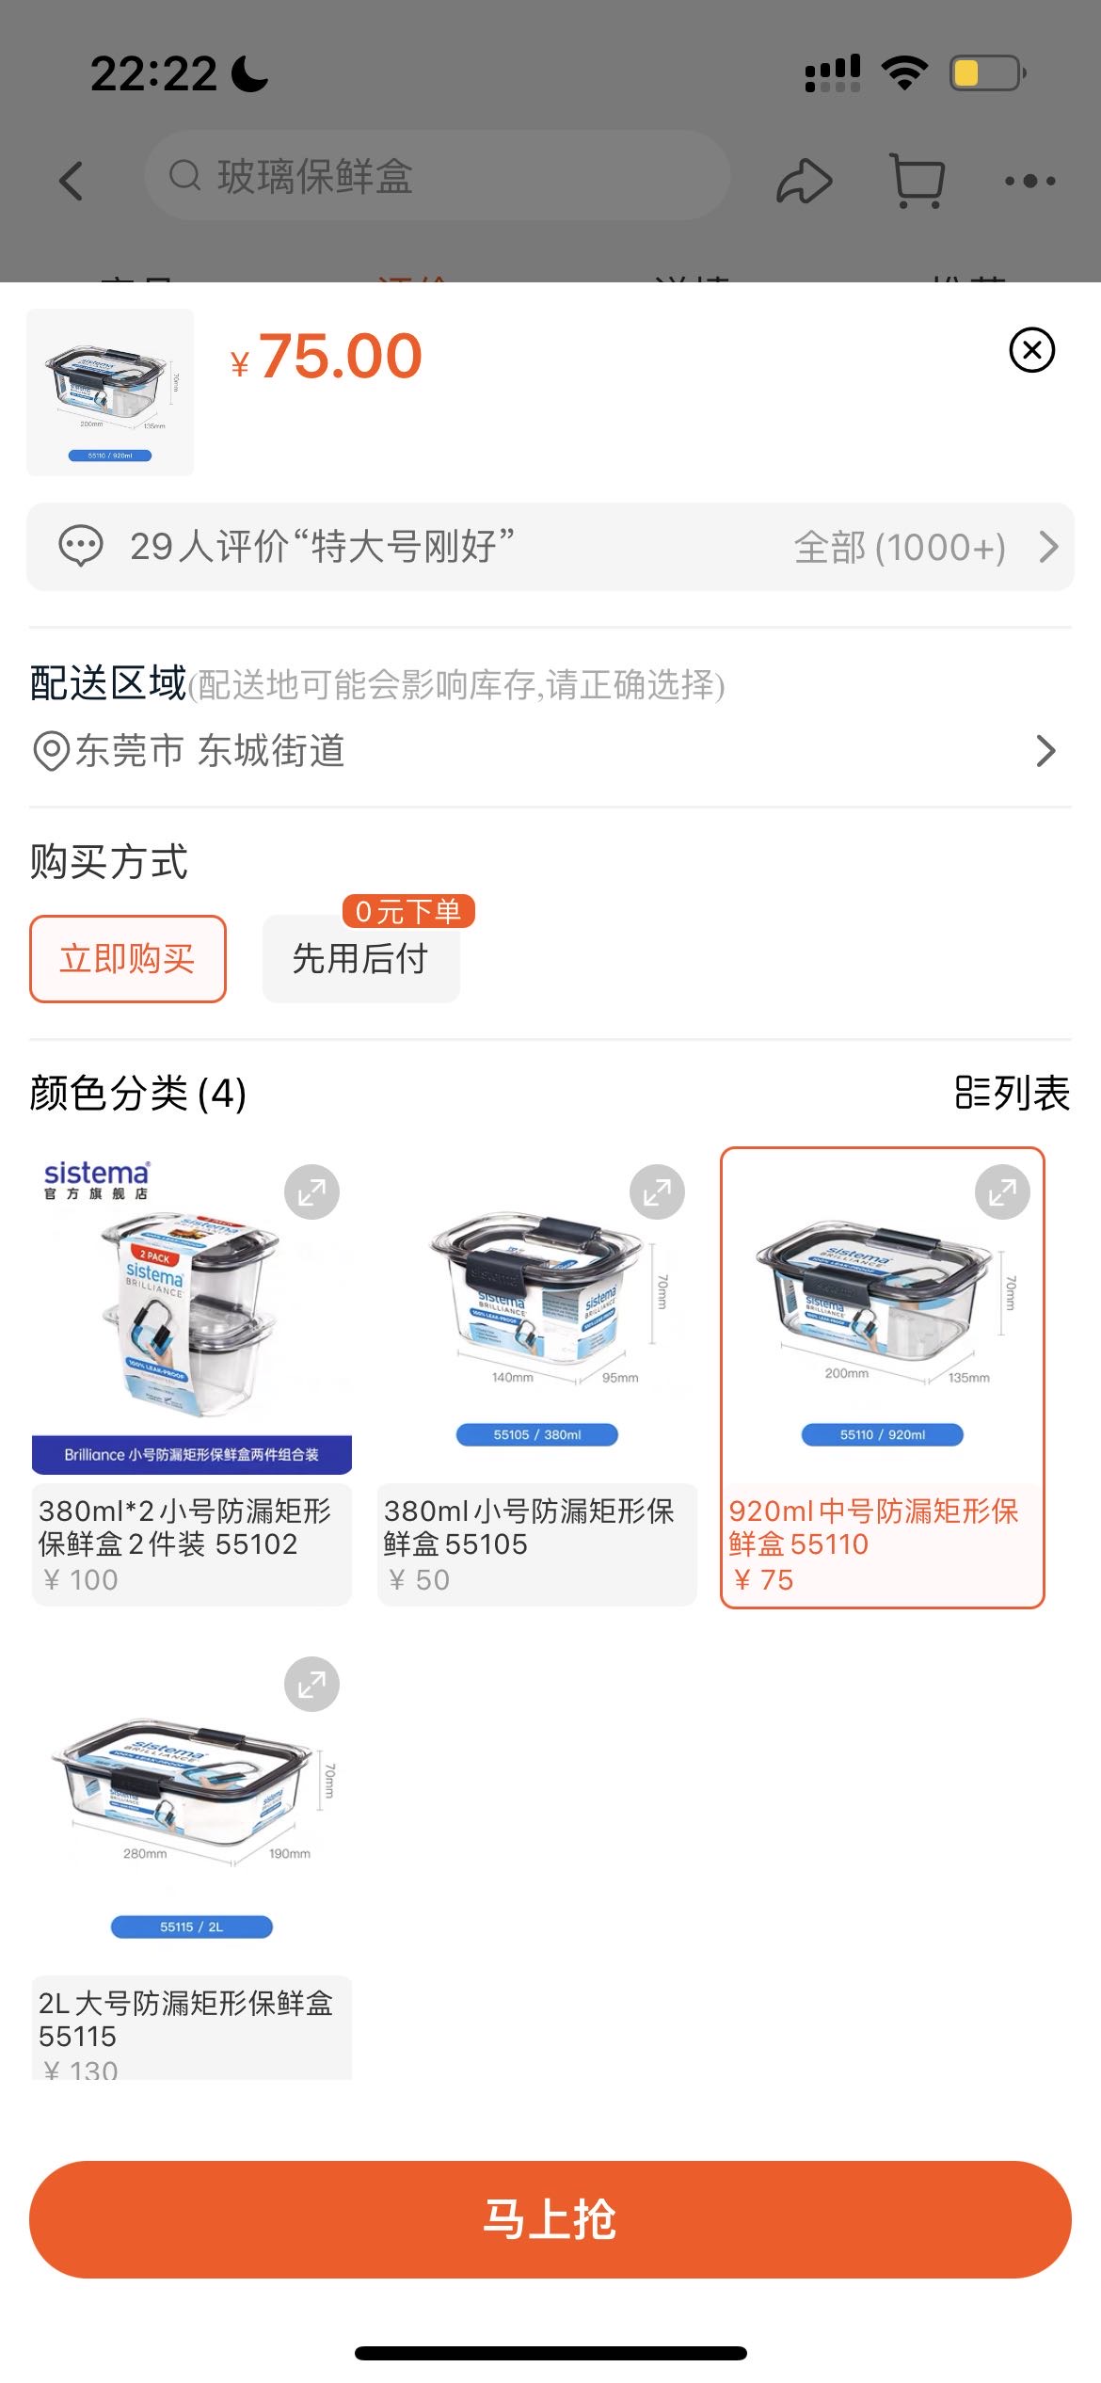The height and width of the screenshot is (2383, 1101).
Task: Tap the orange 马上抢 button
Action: tap(550, 2218)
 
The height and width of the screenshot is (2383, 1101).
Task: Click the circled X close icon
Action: tap(1031, 350)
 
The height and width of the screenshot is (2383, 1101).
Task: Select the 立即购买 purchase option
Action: tap(128, 958)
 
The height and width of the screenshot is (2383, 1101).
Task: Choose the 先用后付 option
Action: tap(360, 959)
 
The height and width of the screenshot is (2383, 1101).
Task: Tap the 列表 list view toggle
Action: tap(1013, 1093)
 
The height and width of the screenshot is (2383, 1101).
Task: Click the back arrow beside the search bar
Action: tap(72, 180)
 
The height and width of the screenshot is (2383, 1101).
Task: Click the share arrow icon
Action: tap(804, 180)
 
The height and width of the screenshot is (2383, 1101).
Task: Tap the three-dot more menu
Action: tap(1029, 180)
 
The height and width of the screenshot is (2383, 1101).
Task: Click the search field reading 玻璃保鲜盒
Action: tap(438, 176)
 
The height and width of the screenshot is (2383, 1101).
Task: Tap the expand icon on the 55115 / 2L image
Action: tap(311, 1684)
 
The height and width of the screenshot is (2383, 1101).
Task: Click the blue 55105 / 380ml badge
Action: tap(536, 1434)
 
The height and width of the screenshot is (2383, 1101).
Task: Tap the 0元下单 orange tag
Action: tap(408, 911)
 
